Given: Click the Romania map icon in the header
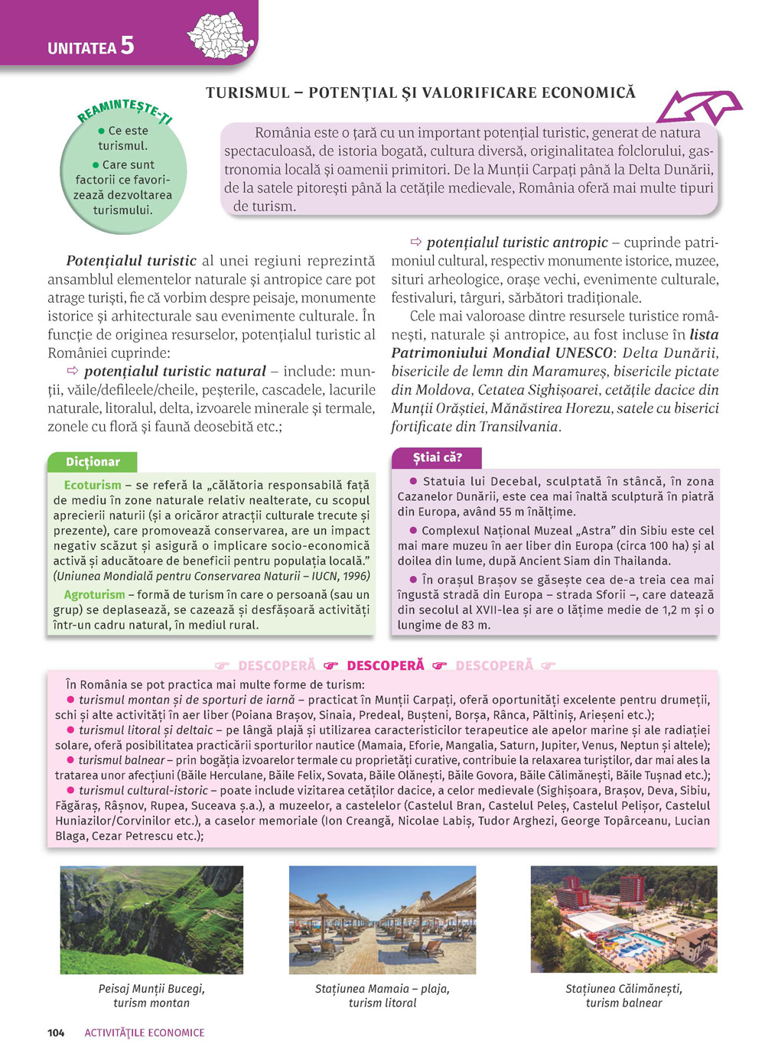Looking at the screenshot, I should (x=221, y=35).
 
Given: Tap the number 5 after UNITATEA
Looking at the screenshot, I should (x=127, y=46).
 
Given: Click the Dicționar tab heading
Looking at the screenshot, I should (x=93, y=462).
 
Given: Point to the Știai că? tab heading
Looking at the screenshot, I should (x=437, y=457).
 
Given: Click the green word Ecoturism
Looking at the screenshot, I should (x=93, y=485).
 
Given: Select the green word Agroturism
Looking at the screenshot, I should (x=94, y=594).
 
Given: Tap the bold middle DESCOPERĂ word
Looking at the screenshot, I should (x=385, y=665).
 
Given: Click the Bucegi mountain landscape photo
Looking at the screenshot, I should (x=151, y=920).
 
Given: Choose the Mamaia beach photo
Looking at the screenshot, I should (x=382, y=920).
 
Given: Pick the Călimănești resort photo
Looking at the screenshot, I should (x=623, y=920).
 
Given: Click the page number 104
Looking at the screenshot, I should (x=56, y=1032).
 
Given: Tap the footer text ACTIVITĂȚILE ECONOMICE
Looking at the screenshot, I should (x=145, y=1032).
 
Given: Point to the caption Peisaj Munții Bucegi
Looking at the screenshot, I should (x=151, y=988).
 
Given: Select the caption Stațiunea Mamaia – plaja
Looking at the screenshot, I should (x=382, y=988).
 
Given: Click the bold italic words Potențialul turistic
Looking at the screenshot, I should (x=131, y=261).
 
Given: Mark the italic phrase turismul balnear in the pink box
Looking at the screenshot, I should (x=122, y=760).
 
